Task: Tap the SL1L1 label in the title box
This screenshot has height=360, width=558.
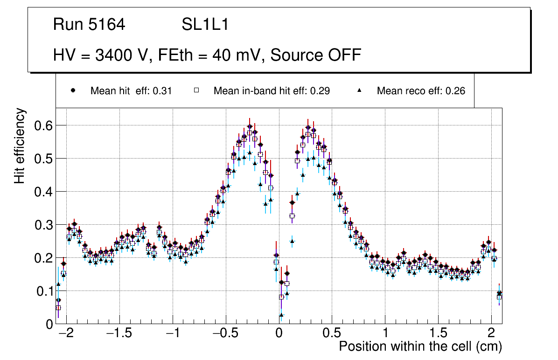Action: click(205, 25)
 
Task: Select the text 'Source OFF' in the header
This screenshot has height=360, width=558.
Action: click(316, 55)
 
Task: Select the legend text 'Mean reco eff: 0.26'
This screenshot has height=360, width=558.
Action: click(421, 91)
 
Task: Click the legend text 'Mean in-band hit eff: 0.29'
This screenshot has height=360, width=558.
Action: click(272, 91)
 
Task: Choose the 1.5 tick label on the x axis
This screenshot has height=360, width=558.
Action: click(438, 334)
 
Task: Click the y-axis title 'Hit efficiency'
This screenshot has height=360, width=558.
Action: click(20, 145)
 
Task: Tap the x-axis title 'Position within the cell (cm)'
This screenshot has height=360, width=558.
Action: click(420, 347)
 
